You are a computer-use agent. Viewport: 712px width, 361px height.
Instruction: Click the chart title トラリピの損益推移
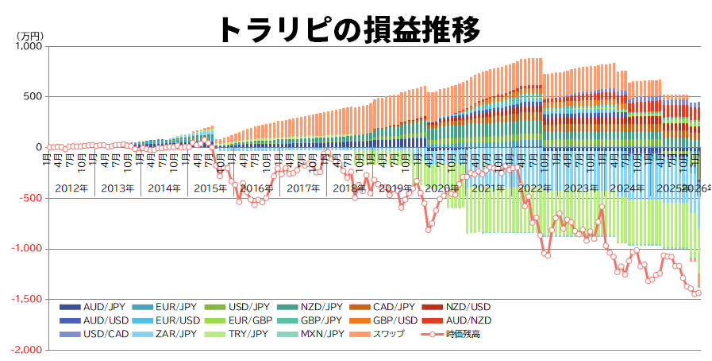click(x=349, y=29)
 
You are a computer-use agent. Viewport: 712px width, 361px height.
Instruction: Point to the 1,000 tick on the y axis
click(x=28, y=46)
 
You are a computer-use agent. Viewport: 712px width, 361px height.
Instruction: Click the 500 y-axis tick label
click(x=33, y=97)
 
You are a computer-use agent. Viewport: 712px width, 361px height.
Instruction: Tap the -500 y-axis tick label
click(x=30, y=198)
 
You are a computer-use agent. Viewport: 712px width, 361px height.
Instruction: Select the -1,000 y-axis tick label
click(x=26, y=249)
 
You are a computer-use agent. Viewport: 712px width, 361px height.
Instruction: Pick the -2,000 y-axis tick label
click(x=26, y=350)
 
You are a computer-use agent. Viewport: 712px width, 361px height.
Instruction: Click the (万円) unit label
click(x=31, y=35)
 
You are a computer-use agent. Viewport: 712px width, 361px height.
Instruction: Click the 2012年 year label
click(x=72, y=188)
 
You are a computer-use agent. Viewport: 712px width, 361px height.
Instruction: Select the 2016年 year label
click(x=256, y=188)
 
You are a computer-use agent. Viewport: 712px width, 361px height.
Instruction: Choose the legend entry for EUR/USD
click(x=175, y=320)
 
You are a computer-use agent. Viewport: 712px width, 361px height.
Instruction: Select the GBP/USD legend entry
click(x=390, y=320)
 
